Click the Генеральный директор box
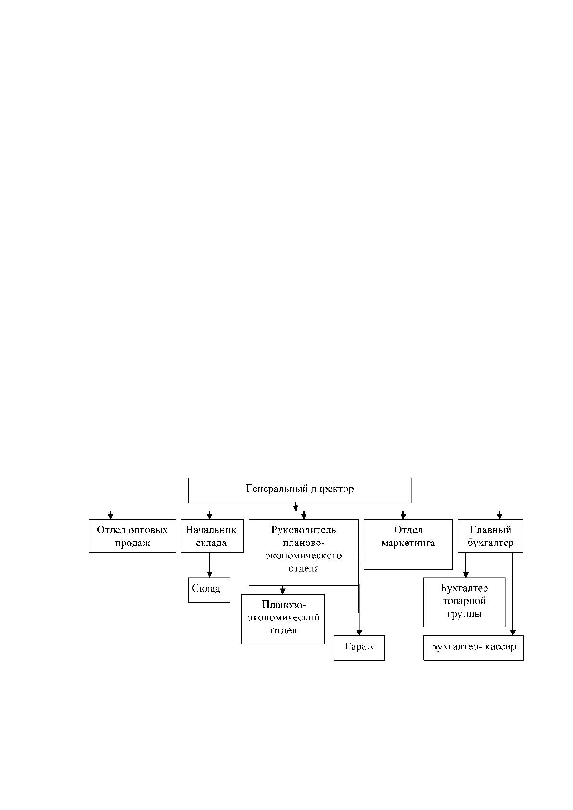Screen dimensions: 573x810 (300, 490)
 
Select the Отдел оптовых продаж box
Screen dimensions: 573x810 (132, 536)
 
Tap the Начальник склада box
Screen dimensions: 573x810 (212, 536)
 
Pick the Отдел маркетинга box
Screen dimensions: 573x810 (408, 544)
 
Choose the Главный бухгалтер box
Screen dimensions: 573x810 (490, 536)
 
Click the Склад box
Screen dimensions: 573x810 (209, 590)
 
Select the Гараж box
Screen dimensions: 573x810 (359, 648)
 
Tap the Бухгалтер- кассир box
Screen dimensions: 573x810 (473, 648)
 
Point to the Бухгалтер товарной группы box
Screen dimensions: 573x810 (464, 602)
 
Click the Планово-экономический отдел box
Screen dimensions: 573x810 (282, 619)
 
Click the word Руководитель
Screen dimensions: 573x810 (304, 530)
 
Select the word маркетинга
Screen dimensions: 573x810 (408, 543)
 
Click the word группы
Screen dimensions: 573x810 (464, 614)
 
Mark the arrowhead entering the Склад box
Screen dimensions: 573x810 (209, 574)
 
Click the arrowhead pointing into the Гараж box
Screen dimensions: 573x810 (359, 632)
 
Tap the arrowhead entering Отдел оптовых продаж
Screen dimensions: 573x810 (111, 516)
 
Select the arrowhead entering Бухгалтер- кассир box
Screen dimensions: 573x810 (513, 632)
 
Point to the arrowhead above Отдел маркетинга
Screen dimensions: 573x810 (403, 516)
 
